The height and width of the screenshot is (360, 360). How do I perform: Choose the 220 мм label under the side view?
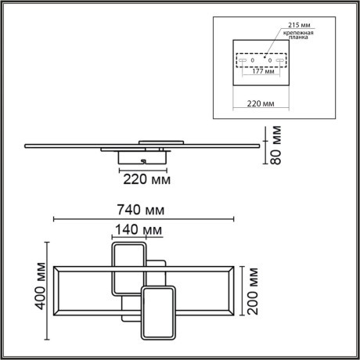tap(147, 178)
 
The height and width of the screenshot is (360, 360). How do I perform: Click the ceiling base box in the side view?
tap(142, 157)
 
